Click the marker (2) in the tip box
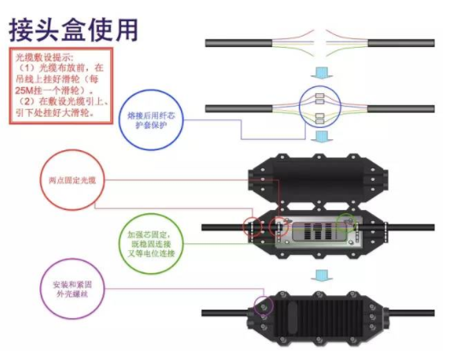33,101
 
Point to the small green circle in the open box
347,224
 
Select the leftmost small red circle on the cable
254,228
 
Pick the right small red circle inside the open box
278,228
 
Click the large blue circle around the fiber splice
322,108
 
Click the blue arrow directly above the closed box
322,275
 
